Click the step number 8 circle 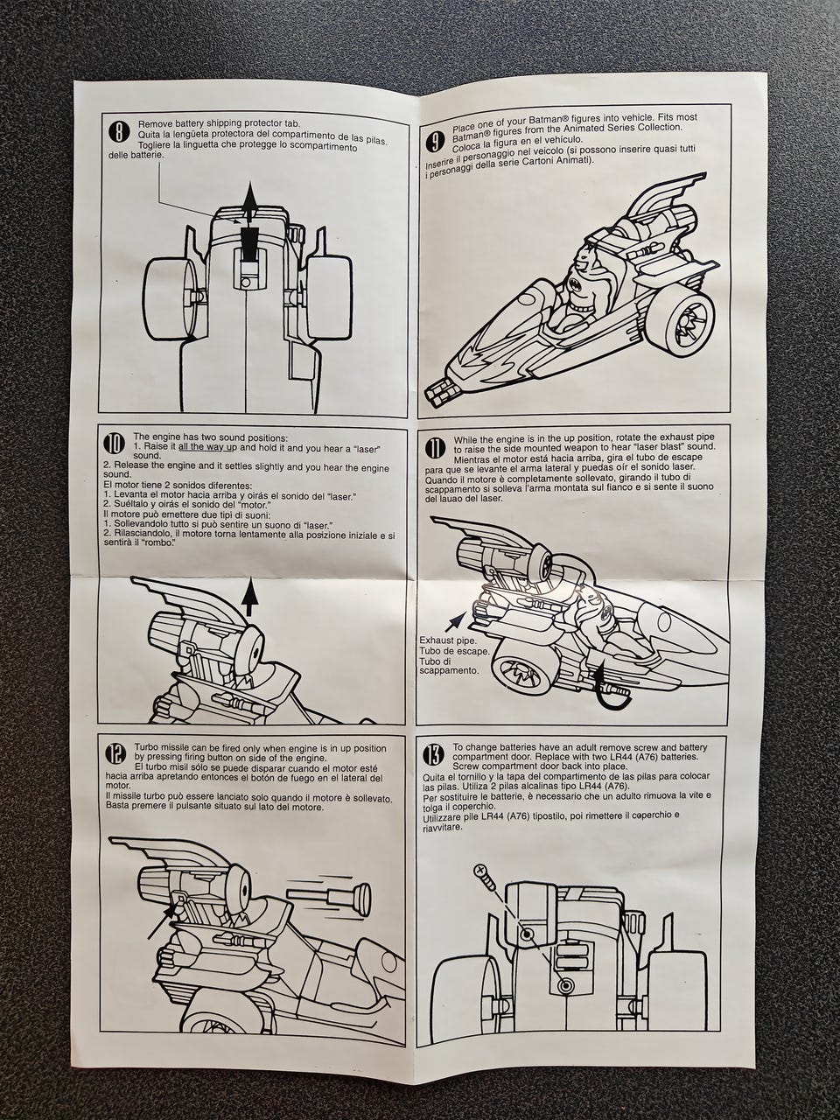click(116, 132)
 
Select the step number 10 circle click(115, 444)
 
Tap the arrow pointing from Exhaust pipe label click(455, 621)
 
